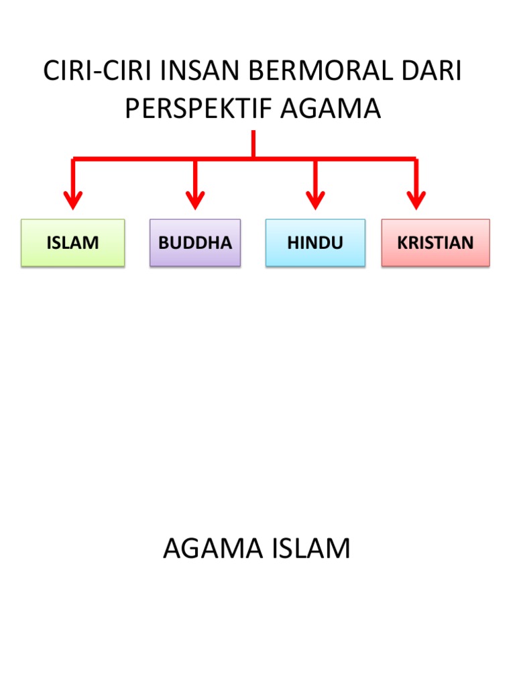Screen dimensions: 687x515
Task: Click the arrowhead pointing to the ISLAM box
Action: click(73, 199)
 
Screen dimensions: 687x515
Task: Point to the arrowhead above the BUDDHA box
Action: click(195, 199)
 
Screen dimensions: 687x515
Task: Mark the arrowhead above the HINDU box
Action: click(315, 199)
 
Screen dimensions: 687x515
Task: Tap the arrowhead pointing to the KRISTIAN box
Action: click(416, 199)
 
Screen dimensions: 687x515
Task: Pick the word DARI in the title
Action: click(434, 72)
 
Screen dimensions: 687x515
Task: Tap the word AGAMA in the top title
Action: click(331, 109)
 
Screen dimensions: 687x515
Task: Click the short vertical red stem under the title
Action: click(253, 144)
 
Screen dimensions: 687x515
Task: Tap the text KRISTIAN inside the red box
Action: click(435, 243)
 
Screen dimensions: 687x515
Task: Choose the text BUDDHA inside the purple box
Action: click(194, 243)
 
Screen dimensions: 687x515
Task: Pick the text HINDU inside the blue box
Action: click(315, 243)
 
